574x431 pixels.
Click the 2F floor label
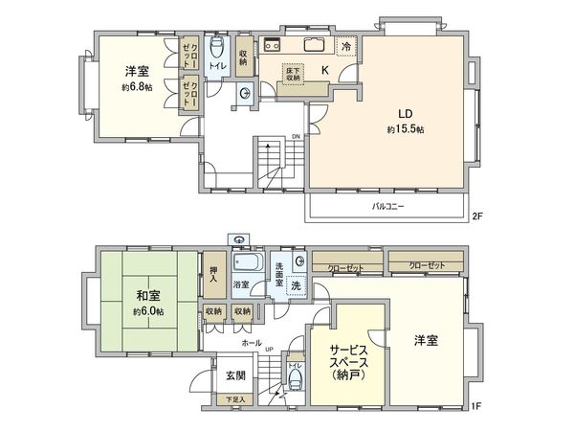[477, 216]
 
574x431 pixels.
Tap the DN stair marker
[297, 135]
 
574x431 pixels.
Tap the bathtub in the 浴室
[248, 263]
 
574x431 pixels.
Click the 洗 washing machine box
[298, 288]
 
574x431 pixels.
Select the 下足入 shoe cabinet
[234, 399]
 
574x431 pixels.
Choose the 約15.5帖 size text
[406, 128]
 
